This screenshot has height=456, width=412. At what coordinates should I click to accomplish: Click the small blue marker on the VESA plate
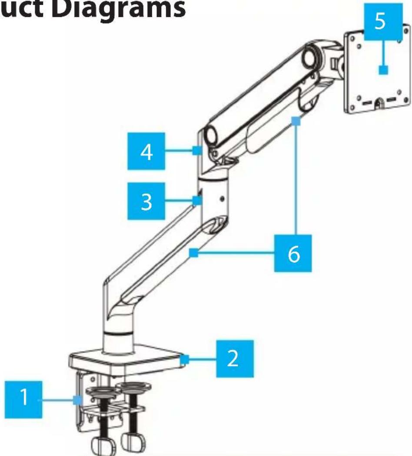pos(382,70)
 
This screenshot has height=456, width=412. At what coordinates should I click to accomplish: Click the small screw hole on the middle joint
pos(223,199)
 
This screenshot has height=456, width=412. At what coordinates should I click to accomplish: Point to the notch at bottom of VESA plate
pos(378,103)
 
